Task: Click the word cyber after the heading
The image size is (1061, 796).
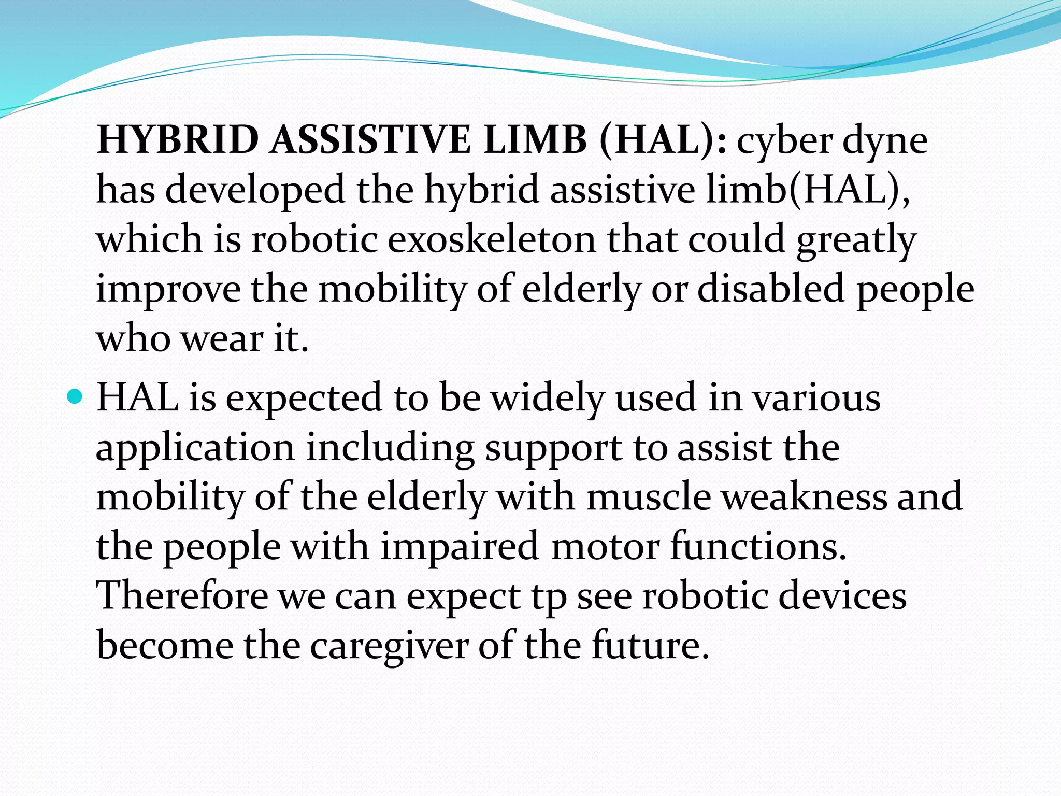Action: (x=784, y=141)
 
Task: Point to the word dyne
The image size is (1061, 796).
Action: (x=885, y=141)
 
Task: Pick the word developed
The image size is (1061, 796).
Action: (x=255, y=190)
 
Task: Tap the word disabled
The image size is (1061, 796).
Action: (x=771, y=289)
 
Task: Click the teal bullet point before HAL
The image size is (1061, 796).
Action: (x=75, y=398)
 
